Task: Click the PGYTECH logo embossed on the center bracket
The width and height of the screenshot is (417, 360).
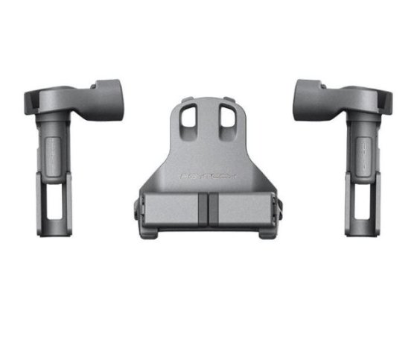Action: click(209, 177)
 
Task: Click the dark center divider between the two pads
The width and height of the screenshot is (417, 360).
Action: click(208, 209)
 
